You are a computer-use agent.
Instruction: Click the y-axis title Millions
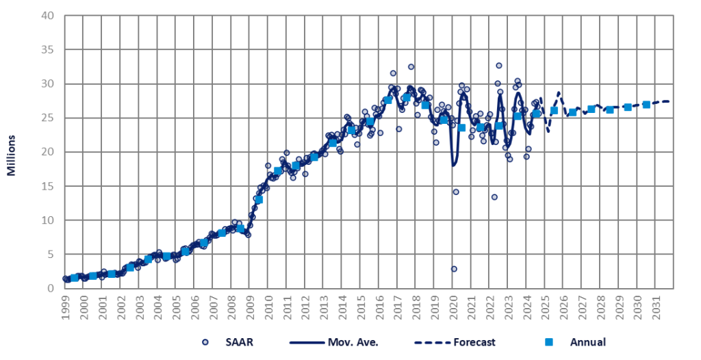[12, 151]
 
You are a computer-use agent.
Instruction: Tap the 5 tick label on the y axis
[49, 255]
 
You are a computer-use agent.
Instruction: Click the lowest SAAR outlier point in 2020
[454, 269]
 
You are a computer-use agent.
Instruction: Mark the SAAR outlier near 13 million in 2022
[494, 197]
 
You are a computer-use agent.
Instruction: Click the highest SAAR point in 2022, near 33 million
[499, 66]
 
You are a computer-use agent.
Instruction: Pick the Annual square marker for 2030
[646, 105]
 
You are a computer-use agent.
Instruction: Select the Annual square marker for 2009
[258, 200]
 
